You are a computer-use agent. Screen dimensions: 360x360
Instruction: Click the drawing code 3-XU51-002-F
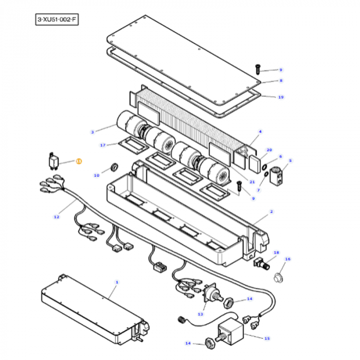57,20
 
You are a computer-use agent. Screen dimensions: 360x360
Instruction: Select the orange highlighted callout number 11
79,161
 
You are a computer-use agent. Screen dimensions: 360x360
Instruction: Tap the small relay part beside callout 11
53,161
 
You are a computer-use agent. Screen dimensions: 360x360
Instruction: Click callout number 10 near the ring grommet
96,175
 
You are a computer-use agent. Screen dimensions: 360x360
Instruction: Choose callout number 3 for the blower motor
92,132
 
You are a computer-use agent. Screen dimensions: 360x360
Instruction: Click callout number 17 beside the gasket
102,145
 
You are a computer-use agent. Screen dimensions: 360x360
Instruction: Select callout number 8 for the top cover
281,81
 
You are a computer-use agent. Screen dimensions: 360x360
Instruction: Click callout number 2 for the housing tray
271,211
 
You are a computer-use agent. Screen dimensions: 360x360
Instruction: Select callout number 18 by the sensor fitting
276,253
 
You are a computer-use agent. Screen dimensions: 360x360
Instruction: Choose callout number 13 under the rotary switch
200,314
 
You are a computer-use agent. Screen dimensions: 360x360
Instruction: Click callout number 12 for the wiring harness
57,217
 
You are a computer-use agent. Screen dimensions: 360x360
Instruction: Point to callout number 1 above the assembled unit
117,282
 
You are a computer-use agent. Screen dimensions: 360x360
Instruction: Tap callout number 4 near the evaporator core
260,132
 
